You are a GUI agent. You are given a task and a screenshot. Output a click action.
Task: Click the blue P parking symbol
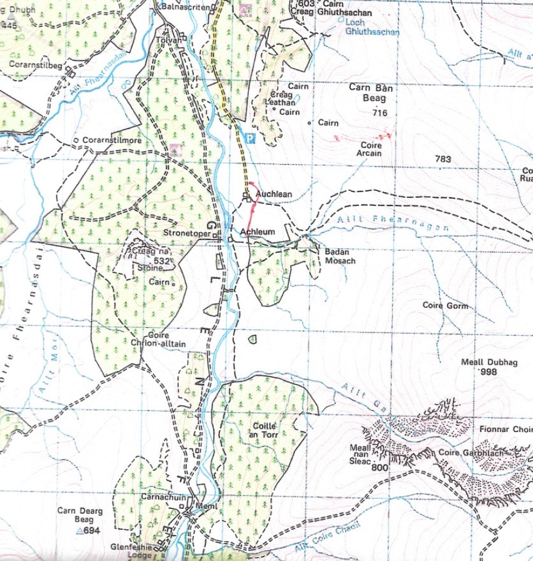[251, 138]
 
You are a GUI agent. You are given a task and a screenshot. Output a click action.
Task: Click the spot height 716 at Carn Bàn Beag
[381, 113]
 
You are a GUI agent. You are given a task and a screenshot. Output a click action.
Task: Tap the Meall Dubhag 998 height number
[489, 372]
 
